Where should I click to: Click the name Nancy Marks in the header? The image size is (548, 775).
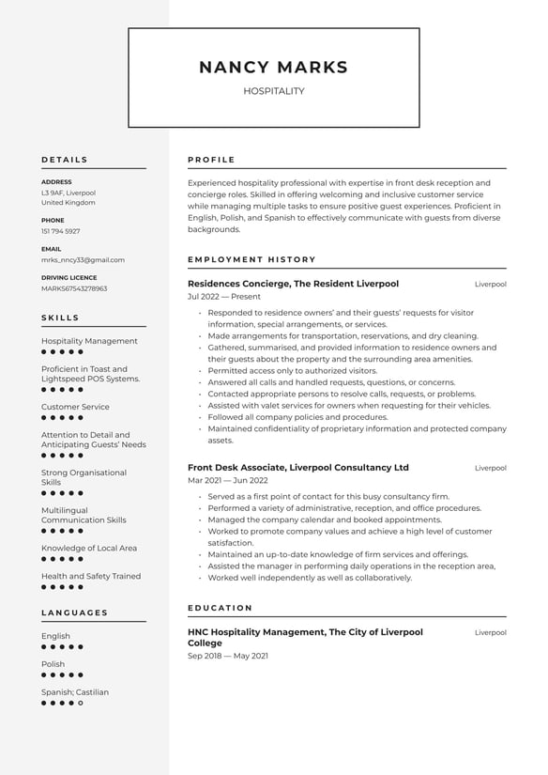273,68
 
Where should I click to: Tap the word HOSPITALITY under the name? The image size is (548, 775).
274,91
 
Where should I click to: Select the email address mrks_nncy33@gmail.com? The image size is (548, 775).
83,259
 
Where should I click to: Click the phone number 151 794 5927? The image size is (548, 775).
60,231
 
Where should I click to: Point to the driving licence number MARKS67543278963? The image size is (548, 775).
74,288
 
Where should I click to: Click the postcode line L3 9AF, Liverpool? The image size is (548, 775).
68,193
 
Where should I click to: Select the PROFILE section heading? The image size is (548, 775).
211,160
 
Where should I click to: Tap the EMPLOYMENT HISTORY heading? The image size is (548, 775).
251,259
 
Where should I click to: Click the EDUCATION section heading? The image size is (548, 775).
220,608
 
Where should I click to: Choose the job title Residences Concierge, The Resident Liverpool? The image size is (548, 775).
293,284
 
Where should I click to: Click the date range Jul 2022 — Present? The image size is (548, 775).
224,297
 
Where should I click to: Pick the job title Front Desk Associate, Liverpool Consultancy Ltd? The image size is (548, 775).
298,468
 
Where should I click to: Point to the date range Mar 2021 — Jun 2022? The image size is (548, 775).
227,481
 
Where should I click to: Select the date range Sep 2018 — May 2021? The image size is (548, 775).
227,656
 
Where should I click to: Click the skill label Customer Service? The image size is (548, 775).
75,407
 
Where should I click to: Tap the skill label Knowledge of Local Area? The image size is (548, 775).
89,548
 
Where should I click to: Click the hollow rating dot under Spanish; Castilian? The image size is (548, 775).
81,703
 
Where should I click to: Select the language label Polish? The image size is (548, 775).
53,664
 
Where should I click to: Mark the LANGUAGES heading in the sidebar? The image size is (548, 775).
75,612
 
